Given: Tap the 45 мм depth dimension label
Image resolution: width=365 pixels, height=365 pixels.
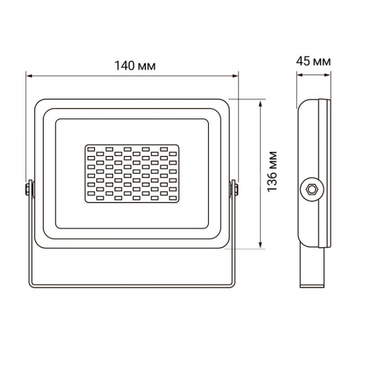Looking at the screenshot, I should (x=315, y=62).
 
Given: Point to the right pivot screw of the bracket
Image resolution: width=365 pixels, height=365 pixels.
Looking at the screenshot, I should (x=235, y=188).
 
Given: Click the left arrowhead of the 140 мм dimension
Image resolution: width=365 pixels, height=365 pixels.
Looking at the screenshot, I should (x=30, y=74).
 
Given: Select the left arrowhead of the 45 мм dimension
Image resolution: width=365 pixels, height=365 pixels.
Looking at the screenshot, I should (x=300, y=74).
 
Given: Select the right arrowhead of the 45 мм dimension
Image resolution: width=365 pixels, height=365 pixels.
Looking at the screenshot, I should (x=329, y=74).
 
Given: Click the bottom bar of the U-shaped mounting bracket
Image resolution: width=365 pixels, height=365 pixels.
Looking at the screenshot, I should (x=131, y=285).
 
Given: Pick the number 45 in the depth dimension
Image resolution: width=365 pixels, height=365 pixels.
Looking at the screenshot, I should (x=307, y=62).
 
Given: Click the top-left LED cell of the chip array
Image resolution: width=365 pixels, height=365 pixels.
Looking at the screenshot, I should (x=90, y=149).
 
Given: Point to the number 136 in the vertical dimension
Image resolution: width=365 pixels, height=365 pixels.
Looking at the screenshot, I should (x=272, y=182).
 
